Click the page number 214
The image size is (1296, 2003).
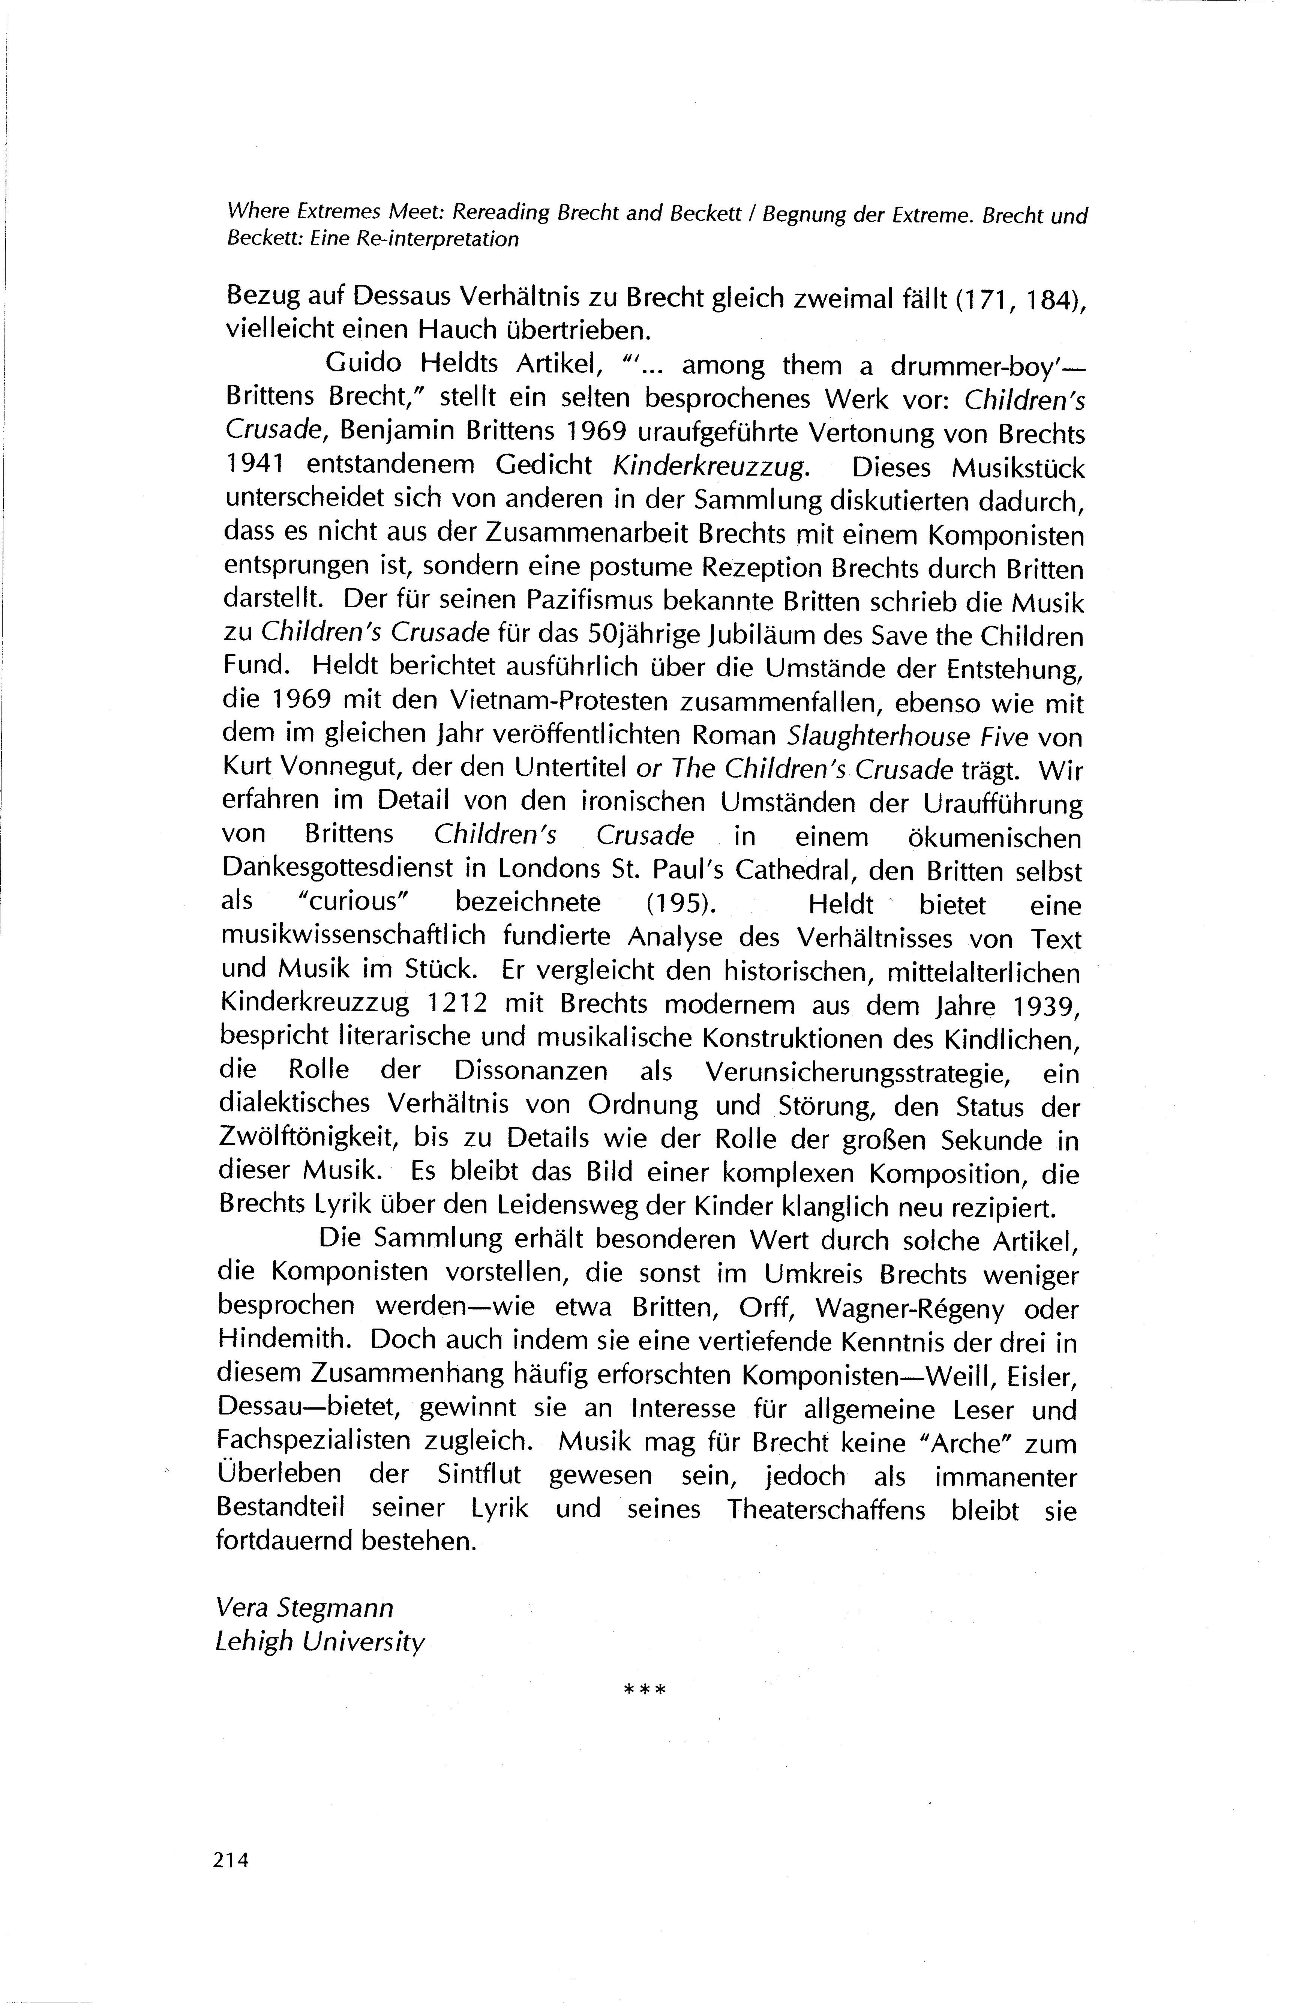(232, 1861)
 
